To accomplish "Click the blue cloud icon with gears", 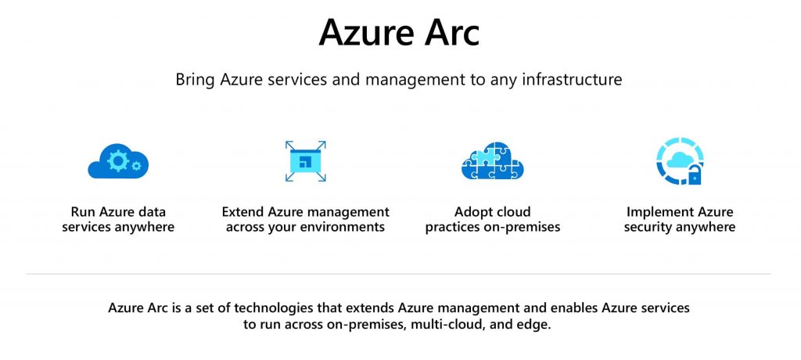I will tap(118, 161).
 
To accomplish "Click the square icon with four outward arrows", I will tap(305, 161).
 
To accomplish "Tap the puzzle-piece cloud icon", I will tap(492, 161).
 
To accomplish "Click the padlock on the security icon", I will tap(693, 175).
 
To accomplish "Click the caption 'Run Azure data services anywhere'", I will tap(118, 220).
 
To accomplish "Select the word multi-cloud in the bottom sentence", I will tap(444, 324).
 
